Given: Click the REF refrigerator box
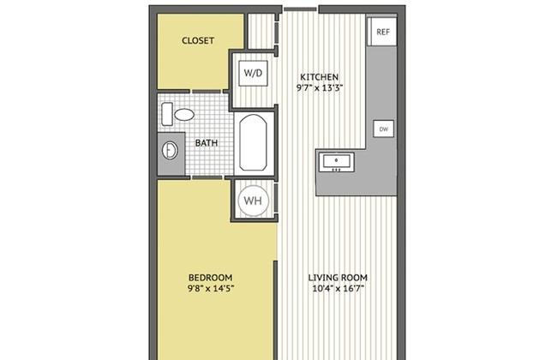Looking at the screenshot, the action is (x=382, y=31).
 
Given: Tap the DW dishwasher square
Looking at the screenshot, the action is (x=384, y=129).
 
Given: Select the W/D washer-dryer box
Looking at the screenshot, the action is (x=253, y=73).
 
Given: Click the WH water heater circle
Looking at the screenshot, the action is (x=253, y=201).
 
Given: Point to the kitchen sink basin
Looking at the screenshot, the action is (x=337, y=162).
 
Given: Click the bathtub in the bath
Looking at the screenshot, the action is (x=253, y=142).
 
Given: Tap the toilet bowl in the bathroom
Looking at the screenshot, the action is (x=184, y=115).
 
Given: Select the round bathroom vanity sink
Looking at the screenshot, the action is (x=170, y=150).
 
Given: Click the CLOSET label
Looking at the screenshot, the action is (x=198, y=40).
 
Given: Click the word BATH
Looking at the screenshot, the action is (x=207, y=143).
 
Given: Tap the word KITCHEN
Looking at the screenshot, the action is (x=320, y=77).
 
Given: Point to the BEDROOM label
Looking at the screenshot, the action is (x=210, y=277).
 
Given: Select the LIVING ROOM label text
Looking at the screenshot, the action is (x=338, y=277).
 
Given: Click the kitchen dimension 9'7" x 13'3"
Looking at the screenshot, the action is (x=320, y=87).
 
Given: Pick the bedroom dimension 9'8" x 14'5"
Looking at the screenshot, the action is (x=211, y=288).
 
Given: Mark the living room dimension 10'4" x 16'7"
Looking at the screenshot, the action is (x=338, y=288).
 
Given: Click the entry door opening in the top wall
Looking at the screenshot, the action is (x=301, y=9).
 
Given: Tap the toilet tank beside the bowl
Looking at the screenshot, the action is (x=167, y=114).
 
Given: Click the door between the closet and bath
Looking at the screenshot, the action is (x=206, y=92).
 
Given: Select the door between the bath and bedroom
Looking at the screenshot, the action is (x=207, y=177).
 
